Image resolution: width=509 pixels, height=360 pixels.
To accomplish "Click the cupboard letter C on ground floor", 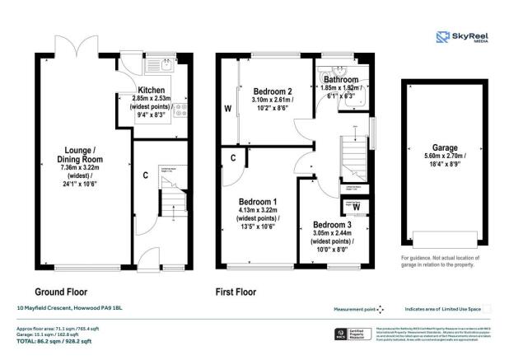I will [146, 175].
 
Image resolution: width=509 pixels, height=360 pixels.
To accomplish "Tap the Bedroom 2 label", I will [273, 91].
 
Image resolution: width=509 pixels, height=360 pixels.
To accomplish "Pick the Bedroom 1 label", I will [258, 202].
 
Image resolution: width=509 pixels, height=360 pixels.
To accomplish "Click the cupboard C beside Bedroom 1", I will [235, 158].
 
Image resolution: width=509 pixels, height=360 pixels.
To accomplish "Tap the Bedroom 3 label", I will [334, 224].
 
